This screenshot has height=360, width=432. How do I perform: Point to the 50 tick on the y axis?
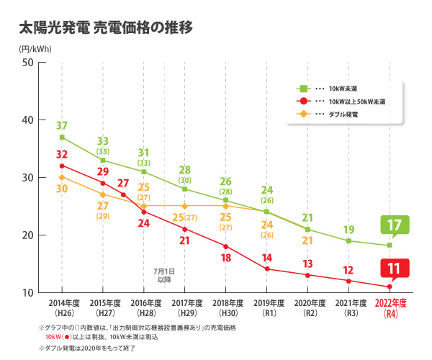(29, 62)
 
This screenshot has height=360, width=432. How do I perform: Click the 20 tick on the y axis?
(29, 235)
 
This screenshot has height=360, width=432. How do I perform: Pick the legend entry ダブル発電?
(343, 114)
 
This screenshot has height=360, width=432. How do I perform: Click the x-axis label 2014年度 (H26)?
(62, 307)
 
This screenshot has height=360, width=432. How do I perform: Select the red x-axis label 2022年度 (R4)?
(390, 307)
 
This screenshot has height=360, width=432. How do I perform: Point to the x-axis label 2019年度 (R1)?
(266, 307)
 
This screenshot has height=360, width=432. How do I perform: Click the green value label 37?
(62, 125)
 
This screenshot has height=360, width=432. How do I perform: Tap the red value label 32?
(62, 155)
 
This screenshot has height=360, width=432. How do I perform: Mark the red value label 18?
(225, 258)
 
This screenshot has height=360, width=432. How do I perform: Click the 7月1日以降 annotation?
(164, 274)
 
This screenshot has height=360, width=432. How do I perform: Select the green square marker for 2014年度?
(62, 137)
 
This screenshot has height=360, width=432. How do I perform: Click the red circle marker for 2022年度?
(390, 287)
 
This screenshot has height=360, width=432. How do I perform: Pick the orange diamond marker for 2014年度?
(62, 177)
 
